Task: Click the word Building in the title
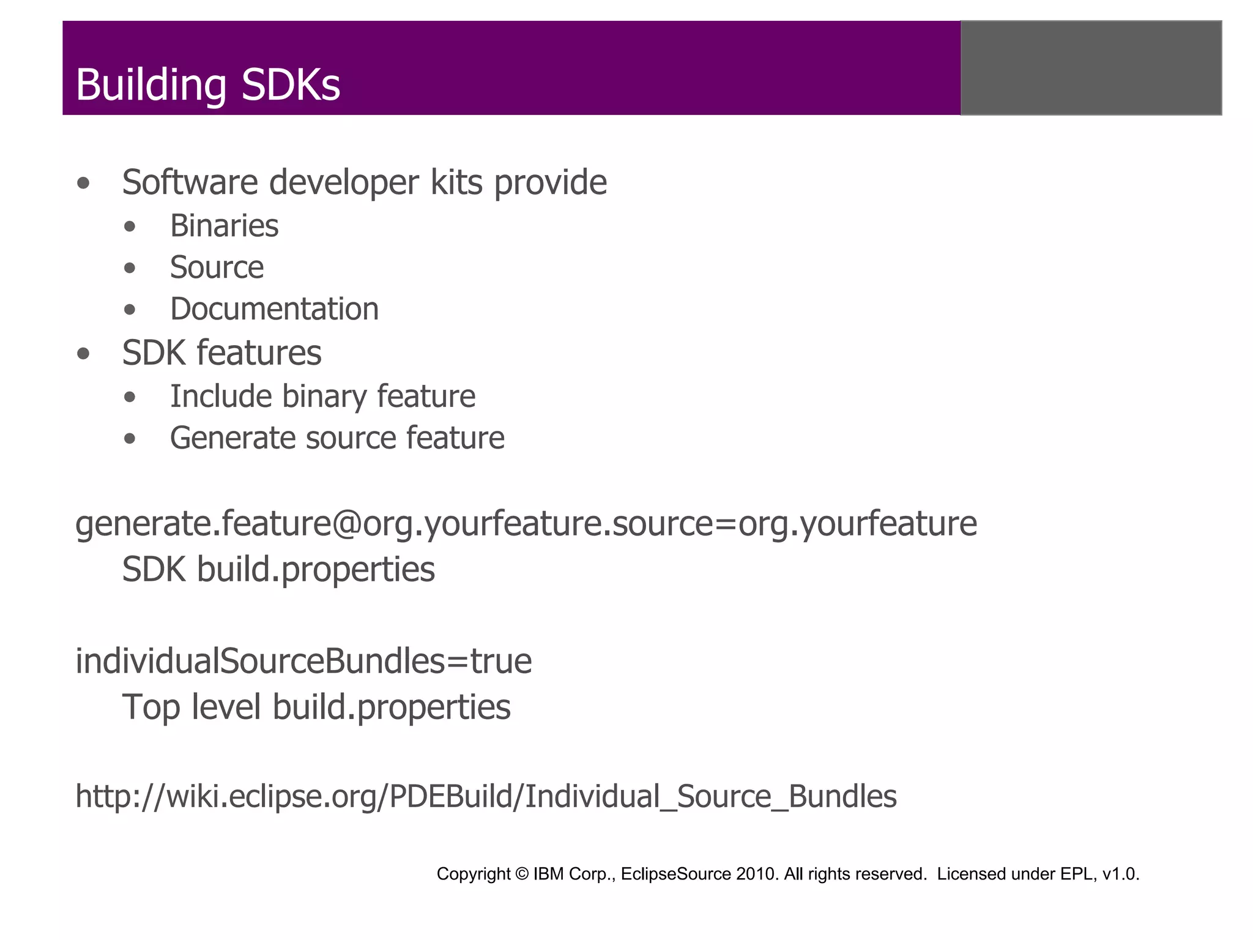(x=151, y=85)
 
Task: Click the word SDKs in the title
(x=291, y=85)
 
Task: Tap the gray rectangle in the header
(x=1091, y=68)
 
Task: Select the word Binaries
(x=224, y=226)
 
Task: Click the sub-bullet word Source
(x=217, y=267)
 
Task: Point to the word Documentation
(x=274, y=309)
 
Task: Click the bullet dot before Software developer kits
(x=84, y=183)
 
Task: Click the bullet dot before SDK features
(x=84, y=354)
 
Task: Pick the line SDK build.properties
(x=278, y=570)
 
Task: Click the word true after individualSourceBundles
(x=500, y=662)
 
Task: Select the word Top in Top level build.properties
(x=151, y=707)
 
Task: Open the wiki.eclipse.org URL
(x=486, y=797)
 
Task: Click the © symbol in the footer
(x=522, y=874)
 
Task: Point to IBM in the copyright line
(x=549, y=874)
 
